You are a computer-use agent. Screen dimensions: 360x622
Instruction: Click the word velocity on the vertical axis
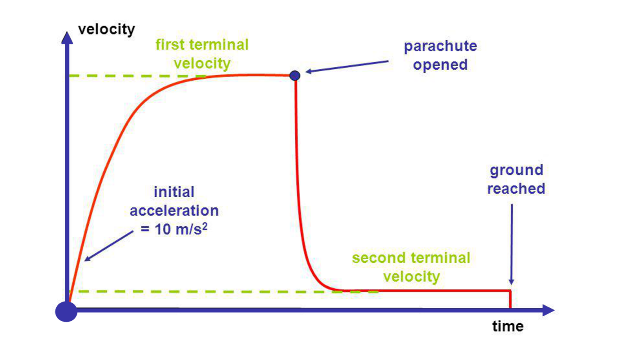point(107,30)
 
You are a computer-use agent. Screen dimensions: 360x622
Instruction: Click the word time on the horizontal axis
point(508,326)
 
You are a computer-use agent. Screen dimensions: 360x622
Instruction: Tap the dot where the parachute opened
point(295,75)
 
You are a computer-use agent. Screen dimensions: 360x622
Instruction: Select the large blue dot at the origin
point(66,311)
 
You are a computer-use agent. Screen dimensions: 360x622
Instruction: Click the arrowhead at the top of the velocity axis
point(67,37)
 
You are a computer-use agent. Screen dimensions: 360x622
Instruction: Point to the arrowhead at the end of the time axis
point(549,310)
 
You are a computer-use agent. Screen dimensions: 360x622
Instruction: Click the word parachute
point(440,46)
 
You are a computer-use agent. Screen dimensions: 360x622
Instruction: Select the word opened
point(440,65)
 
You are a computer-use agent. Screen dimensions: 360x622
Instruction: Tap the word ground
point(516,170)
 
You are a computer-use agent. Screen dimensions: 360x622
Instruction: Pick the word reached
point(516,189)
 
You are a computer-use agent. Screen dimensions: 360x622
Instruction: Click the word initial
point(174,192)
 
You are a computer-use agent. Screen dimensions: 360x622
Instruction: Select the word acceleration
point(174,211)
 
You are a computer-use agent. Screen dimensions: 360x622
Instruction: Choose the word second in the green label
point(379,258)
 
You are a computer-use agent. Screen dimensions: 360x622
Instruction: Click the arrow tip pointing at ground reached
point(511,283)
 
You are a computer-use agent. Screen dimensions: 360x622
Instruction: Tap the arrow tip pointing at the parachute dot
point(307,72)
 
